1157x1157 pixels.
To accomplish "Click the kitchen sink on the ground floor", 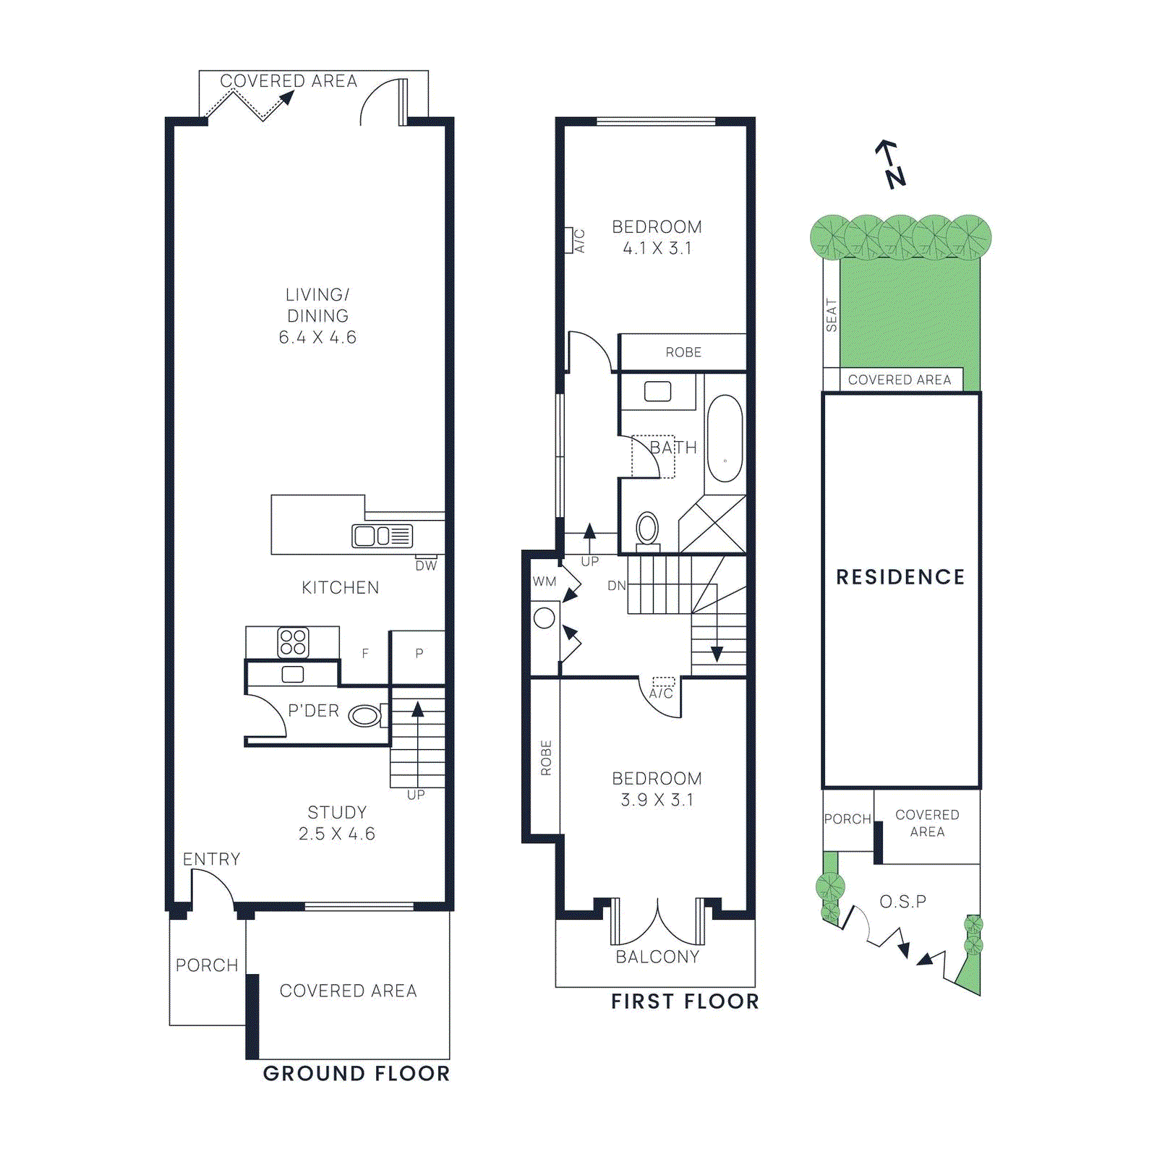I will pos(382,536).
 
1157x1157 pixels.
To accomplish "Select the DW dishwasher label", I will pos(426,566).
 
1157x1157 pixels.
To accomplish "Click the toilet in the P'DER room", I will pos(366,716).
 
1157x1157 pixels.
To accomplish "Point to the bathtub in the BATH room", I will pos(725,438).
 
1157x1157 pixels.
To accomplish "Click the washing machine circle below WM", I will pos(545,618).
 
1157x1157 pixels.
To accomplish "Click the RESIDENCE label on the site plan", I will pos(900,577).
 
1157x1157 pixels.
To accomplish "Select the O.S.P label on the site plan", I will pos(902,902).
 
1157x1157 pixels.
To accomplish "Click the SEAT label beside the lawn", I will pos(832,315).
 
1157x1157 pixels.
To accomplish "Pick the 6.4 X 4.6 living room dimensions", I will pos(317,338).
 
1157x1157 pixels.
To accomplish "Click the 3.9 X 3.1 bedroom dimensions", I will pos(657,800).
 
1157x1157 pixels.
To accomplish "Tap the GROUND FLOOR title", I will pos(356,1073).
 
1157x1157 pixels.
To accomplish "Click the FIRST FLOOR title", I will pos(685,1002).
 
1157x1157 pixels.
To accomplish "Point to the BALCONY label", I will pos(657,957).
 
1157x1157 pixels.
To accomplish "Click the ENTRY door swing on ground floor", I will pos(211,887).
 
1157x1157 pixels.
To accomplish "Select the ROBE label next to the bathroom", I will pos(683,352).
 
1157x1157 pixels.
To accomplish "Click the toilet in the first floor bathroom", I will pos(647,529).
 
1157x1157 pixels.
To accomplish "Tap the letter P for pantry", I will pos(419,654).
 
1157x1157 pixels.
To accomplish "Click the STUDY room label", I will pos(337,812).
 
